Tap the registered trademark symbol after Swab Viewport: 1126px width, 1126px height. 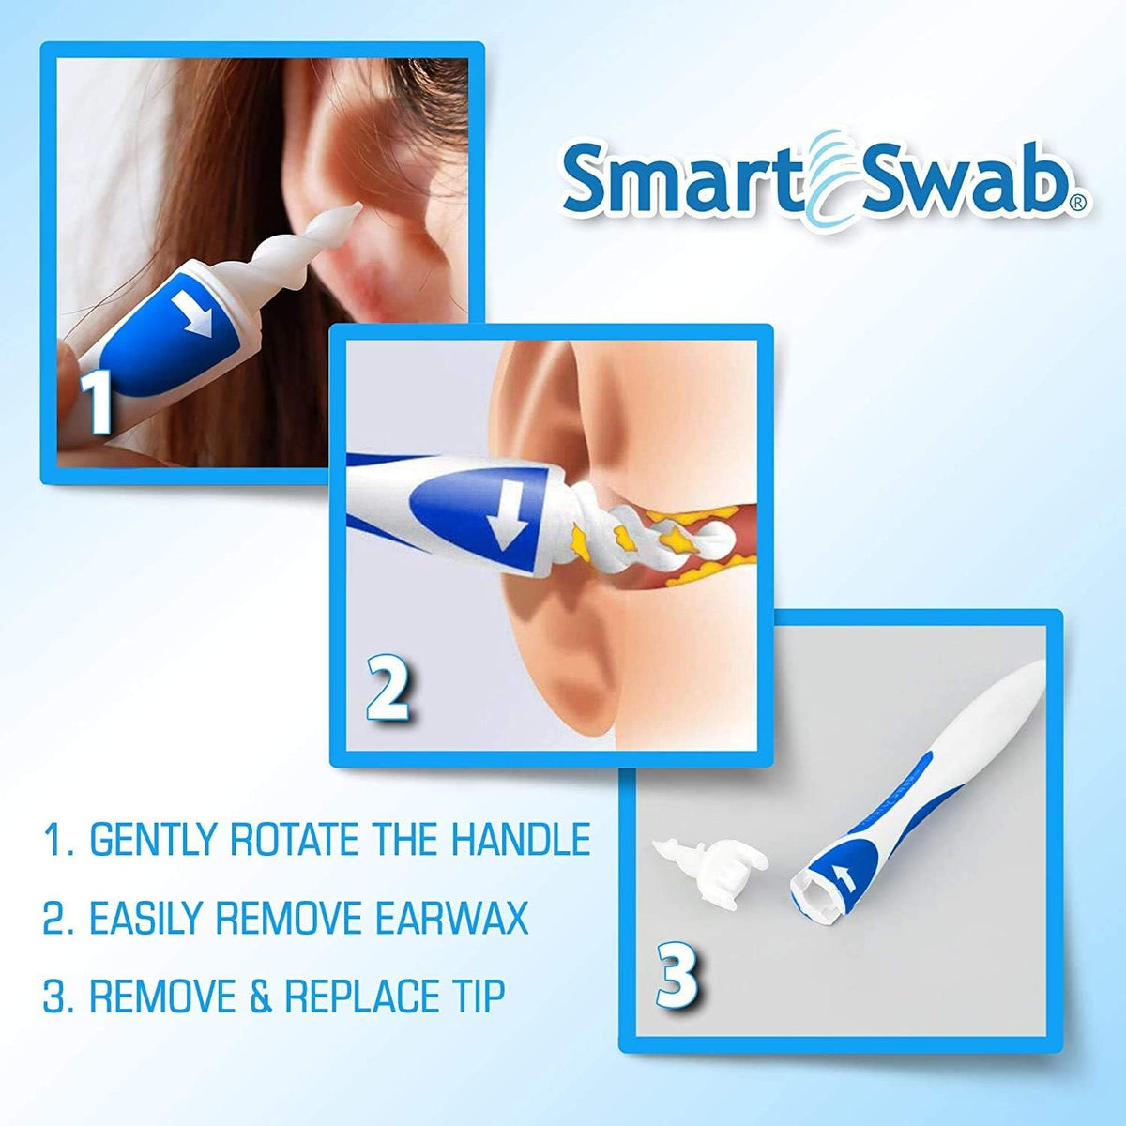[x=1079, y=202]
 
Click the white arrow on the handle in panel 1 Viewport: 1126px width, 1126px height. [x=194, y=313]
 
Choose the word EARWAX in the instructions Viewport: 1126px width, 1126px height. [x=451, y=918]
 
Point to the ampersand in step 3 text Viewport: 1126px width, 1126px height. [x=261, y=997]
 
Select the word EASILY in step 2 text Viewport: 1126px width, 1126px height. [x=145, y=918]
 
